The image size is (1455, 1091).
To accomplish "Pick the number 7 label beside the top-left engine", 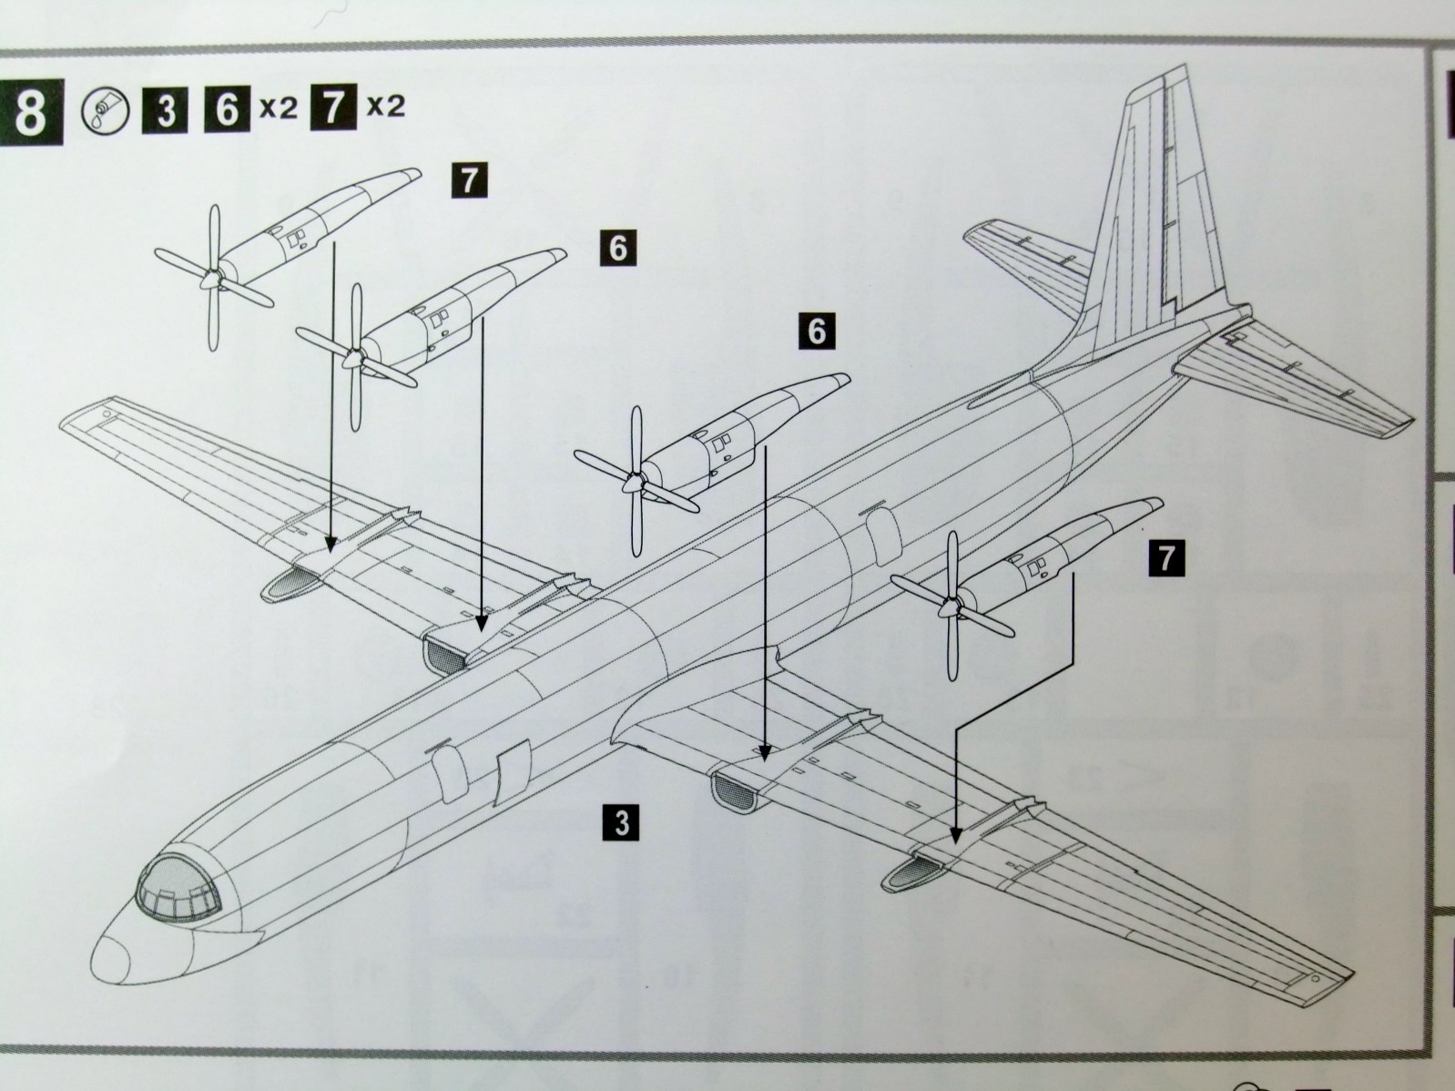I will tap(468, 178).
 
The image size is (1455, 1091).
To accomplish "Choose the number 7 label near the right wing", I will tap(1166, 557).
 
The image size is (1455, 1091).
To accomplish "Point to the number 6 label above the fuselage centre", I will tap(816, 331).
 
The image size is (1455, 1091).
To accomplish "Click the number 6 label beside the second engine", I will tap(618, 248).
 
